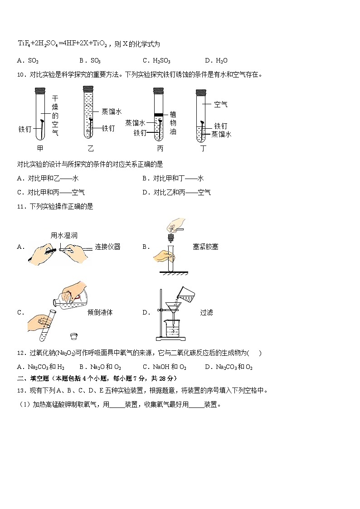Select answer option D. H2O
click(x=216, y=61)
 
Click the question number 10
click(x=20, y=75)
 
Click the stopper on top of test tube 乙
click(x=88, y=91)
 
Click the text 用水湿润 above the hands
click(x=64, y=235)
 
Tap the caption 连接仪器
click(x=107, y=247)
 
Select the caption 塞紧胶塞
click(x=205, y=247)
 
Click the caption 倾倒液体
click(x=100, y=312)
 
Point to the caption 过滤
click(x=206, y=312)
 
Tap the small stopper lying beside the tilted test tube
click(x=73, y=336)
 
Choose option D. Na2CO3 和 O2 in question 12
click(x=229, y=367)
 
